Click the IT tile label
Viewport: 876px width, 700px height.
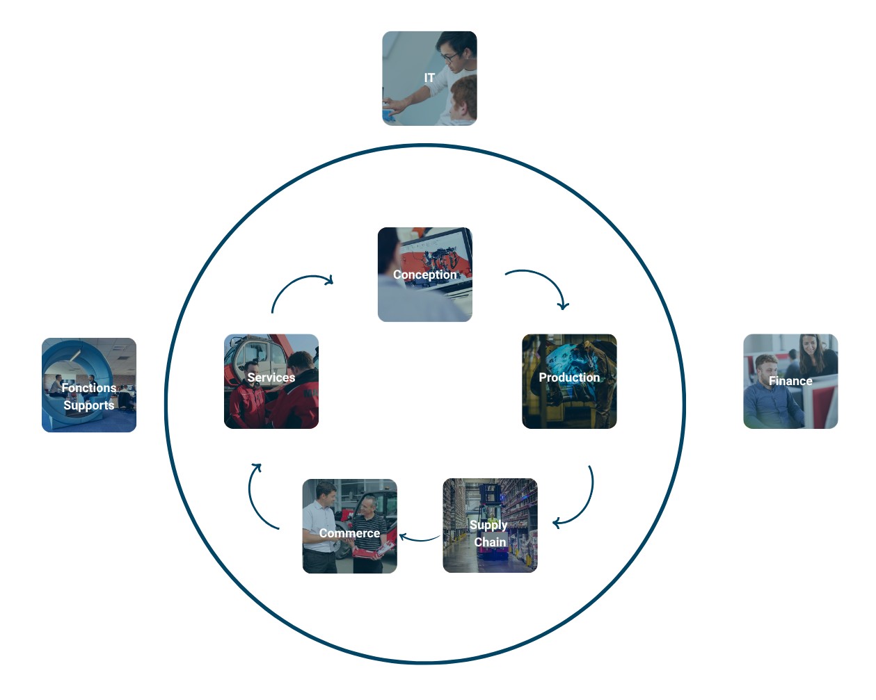(x=429, y=78)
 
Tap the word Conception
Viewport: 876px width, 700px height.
(x=424, y=275)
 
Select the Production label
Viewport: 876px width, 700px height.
(x=569, y=377)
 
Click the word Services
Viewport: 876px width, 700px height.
(x=271, y=377)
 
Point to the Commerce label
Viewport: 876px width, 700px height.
(x=349, y=533)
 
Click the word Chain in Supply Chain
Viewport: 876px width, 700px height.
(x=490, y=542)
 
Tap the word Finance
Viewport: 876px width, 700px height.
(x=790, y=381)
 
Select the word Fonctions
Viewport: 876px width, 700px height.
(x=89, y=388)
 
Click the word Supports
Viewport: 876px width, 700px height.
(x=89, y=405)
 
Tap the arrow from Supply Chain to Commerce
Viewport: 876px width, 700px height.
(x=419, y=537)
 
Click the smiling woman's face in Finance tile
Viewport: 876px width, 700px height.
(x=809, y=345)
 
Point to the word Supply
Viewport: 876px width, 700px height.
(x=488, y=525)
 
